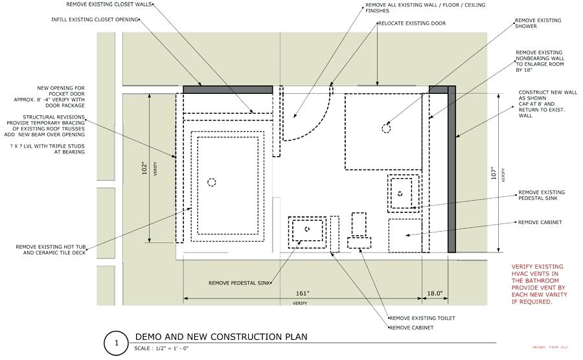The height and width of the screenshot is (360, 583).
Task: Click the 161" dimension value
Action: pyautogui.click(x=299, y=294)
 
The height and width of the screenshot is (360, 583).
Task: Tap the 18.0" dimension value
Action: pyautogui.click(x=435, y=294)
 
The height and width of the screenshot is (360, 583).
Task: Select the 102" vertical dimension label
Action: pyautogui.click(x=145, y=168)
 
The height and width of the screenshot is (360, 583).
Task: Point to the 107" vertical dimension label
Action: pyautogui.click(x=493, y=173)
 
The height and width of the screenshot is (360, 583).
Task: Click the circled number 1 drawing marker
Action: pyautogui.click(x=115, y=343)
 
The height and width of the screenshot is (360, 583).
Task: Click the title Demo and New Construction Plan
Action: pyautogui.click(x=220, y=337)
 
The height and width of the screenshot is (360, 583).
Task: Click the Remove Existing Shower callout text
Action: pyautogui.click(x=538, y=24)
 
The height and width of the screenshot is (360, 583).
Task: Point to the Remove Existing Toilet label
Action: pyautogui.click(x=422, y=319)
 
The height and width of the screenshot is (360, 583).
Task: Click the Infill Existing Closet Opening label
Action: pyautogui.click(x=95, y=19)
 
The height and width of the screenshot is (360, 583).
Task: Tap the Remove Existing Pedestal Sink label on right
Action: pyautogui.click(x=541, y=196)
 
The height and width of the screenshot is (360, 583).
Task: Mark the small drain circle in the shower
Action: pyautogui.click(x=386, y=128)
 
